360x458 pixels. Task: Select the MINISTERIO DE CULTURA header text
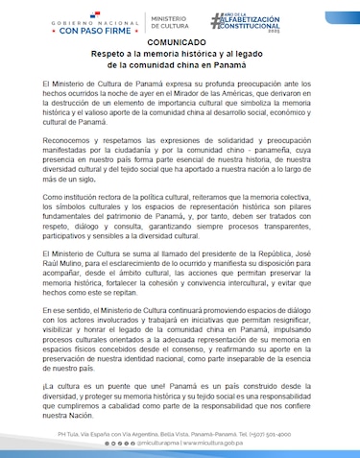[173, 21]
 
